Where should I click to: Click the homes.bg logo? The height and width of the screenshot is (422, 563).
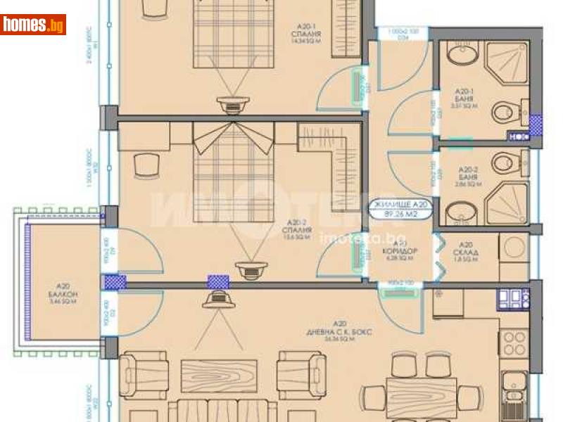33,25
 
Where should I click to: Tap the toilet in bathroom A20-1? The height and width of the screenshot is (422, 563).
504,113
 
